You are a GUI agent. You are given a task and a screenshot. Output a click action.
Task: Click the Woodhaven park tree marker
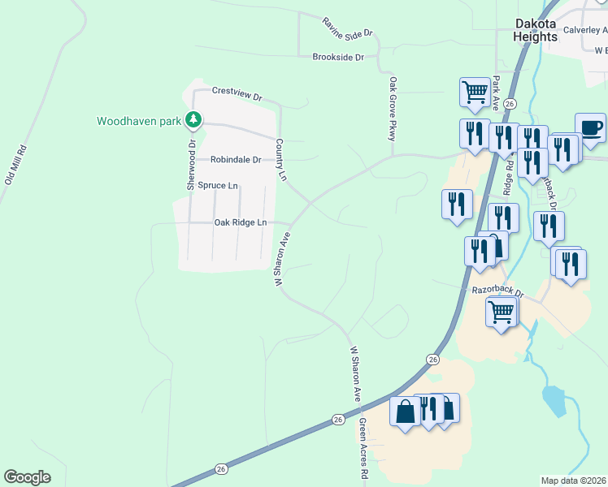[x=193, y=121]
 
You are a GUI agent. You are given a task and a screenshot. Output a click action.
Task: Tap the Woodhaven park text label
[x=138, y=122]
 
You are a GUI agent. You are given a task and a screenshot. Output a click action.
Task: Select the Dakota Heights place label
[x=536, y=31]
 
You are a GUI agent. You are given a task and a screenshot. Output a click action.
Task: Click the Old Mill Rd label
[x=16, y=166]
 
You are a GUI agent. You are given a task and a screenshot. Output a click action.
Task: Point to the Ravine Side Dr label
[x=346, y=28]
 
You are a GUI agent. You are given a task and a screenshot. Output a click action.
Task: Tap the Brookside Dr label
[x=339, y=57]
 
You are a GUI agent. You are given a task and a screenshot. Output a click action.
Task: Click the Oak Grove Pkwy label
[x=393, y=109]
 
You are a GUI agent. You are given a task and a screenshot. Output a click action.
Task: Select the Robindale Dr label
[x=236, y=160]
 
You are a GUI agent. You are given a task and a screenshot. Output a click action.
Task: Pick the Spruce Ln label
[x=218, y=186]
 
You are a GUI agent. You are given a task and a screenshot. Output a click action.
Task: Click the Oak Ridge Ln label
[x=240, y=222]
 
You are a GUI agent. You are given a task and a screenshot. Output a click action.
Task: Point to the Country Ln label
[x=281, y=159]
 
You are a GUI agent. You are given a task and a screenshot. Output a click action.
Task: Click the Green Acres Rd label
[x=364, y=450]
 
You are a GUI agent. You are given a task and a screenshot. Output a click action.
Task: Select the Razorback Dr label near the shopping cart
[x=498, y=290]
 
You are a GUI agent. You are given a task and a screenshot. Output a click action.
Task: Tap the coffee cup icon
[x=591, y=127]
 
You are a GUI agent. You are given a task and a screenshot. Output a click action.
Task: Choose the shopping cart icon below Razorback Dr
[x=502, y=311]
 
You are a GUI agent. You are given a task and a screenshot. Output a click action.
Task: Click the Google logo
[x=27, y=476]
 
